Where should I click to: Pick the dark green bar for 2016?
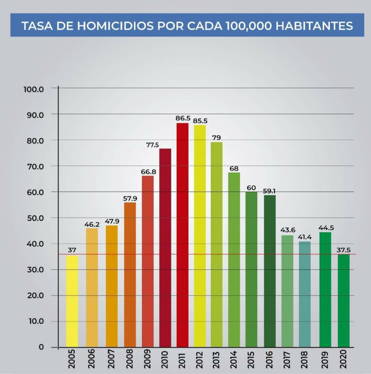[270, 271]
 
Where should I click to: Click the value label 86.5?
[182, 118]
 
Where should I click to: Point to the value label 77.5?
[152, 145]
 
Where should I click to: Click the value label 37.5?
[344, 250]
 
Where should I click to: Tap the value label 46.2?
[92, 224]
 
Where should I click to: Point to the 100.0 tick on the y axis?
[34, 89]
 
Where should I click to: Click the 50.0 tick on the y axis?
[34, 218]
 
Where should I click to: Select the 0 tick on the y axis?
[41, 347]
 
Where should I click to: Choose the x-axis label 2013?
[217, 360]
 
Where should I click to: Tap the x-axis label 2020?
[344, 360]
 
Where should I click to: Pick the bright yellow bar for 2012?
[200, 236]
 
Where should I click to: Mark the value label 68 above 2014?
[234, 168]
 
